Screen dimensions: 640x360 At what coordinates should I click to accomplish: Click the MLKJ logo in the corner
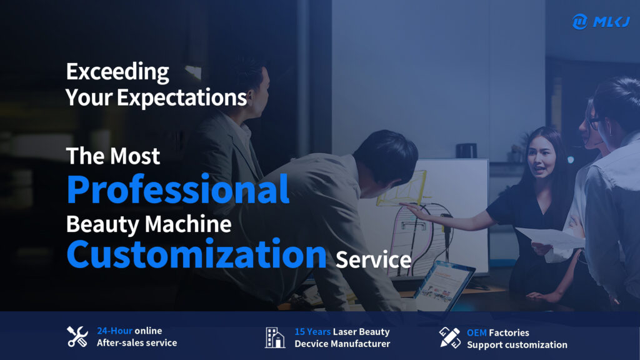tap(601, 21)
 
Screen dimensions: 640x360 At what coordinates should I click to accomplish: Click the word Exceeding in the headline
tap(117, 72)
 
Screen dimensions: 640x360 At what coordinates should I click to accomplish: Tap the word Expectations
tap(182, 98)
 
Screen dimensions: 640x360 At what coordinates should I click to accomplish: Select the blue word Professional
tap(178, 189)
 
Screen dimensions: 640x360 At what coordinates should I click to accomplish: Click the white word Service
tap(374, 259)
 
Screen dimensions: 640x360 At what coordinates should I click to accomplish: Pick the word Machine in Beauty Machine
tap(188, 224)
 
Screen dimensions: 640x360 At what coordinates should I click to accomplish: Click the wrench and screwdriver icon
tap(77, 337)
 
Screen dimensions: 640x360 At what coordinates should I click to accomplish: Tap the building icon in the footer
tap(275, 337)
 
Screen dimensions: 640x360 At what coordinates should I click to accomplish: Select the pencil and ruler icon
tap(450, 337)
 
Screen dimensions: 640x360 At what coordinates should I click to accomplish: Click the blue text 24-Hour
tap(115, 331)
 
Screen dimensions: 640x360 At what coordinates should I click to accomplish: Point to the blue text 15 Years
tap(312, 332)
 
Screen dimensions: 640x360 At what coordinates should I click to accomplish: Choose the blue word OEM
tap(477, 333)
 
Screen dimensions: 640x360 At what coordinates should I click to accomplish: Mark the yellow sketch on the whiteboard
tap(402, 188)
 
